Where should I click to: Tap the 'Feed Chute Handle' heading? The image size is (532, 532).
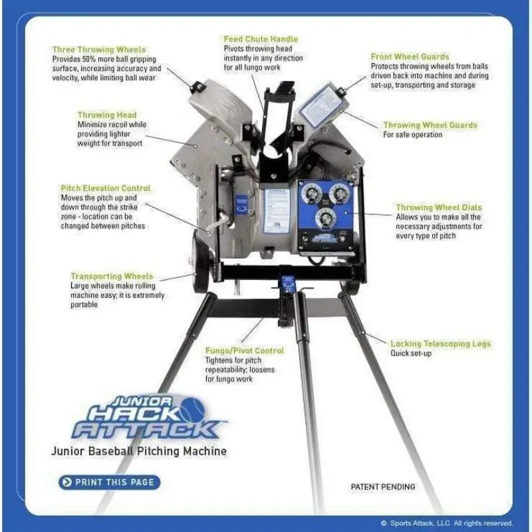(x=261, y=40)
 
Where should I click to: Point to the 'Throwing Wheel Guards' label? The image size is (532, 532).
(x=430, y=125)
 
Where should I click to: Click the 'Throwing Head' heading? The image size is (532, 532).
(x=107, y=115)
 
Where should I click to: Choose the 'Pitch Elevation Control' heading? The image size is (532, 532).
(x=106, y=188)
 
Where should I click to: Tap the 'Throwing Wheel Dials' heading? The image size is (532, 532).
(x=439, y=207)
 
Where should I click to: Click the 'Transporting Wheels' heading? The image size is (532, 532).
(x=112, y=276)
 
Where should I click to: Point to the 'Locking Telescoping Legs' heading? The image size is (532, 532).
(x=440, y=344)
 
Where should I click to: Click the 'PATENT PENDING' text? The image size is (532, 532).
(x=383, y=487)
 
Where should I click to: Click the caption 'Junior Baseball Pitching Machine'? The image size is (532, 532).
(x=139, y=452)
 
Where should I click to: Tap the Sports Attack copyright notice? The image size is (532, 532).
(x=447, y=523)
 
